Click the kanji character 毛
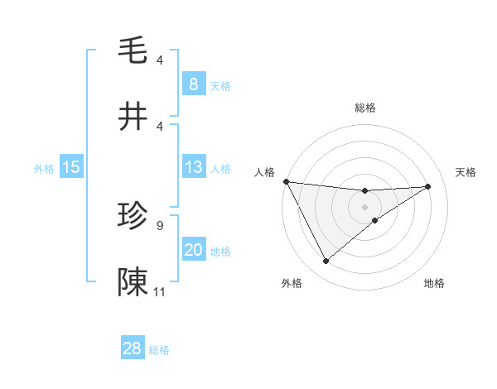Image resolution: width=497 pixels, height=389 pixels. pyautogui.click(x=133, y=50)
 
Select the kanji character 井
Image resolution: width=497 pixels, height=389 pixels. pyautogui.click(x=133, y=117)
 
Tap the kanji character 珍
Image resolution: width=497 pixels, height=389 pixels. pyautogui.click(x=133, y=216)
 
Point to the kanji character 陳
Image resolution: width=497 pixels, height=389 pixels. pyautogui.click(x=133, y=281)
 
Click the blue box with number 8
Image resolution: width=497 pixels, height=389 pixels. pyautogui.click(x=193, y=84)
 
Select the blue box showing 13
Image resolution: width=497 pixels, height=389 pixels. pyautogui.click(x=193, y=167)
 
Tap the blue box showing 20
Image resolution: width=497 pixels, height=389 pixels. pyautogui.click(x=193, y=250)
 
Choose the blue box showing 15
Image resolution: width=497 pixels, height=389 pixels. pyautogui.click(x=71, y=167)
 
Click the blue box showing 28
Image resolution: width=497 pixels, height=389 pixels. pyautogui.click(x=132, y=348)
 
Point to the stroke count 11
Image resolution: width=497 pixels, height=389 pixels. pyautogui.click(x=160, y=291)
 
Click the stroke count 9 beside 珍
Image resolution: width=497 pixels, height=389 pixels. pyautogui.click(x=159, y=224)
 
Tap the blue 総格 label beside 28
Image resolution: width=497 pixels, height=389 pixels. pyautogui.click(x=159, y=350)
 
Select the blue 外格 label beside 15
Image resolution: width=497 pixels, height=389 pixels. pyautogui.click(x=44, y=168)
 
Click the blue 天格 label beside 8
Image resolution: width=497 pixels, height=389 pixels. pyautogui.click(x=220, y=85)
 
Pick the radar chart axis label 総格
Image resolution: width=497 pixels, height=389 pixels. pyautogui.click(x=365, y=108)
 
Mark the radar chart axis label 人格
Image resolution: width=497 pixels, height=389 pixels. pyautogui.click(x=264, y=172)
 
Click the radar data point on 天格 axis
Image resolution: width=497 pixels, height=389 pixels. pyautogui.click(x=428, y=186)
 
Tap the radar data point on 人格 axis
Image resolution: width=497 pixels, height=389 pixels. pyautogui.click(x=286, y=181)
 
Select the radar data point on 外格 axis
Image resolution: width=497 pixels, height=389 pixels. pyautogui.click(x=326, y=262)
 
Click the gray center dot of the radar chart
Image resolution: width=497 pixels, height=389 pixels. pyautogui.click(x=365, y=206)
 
